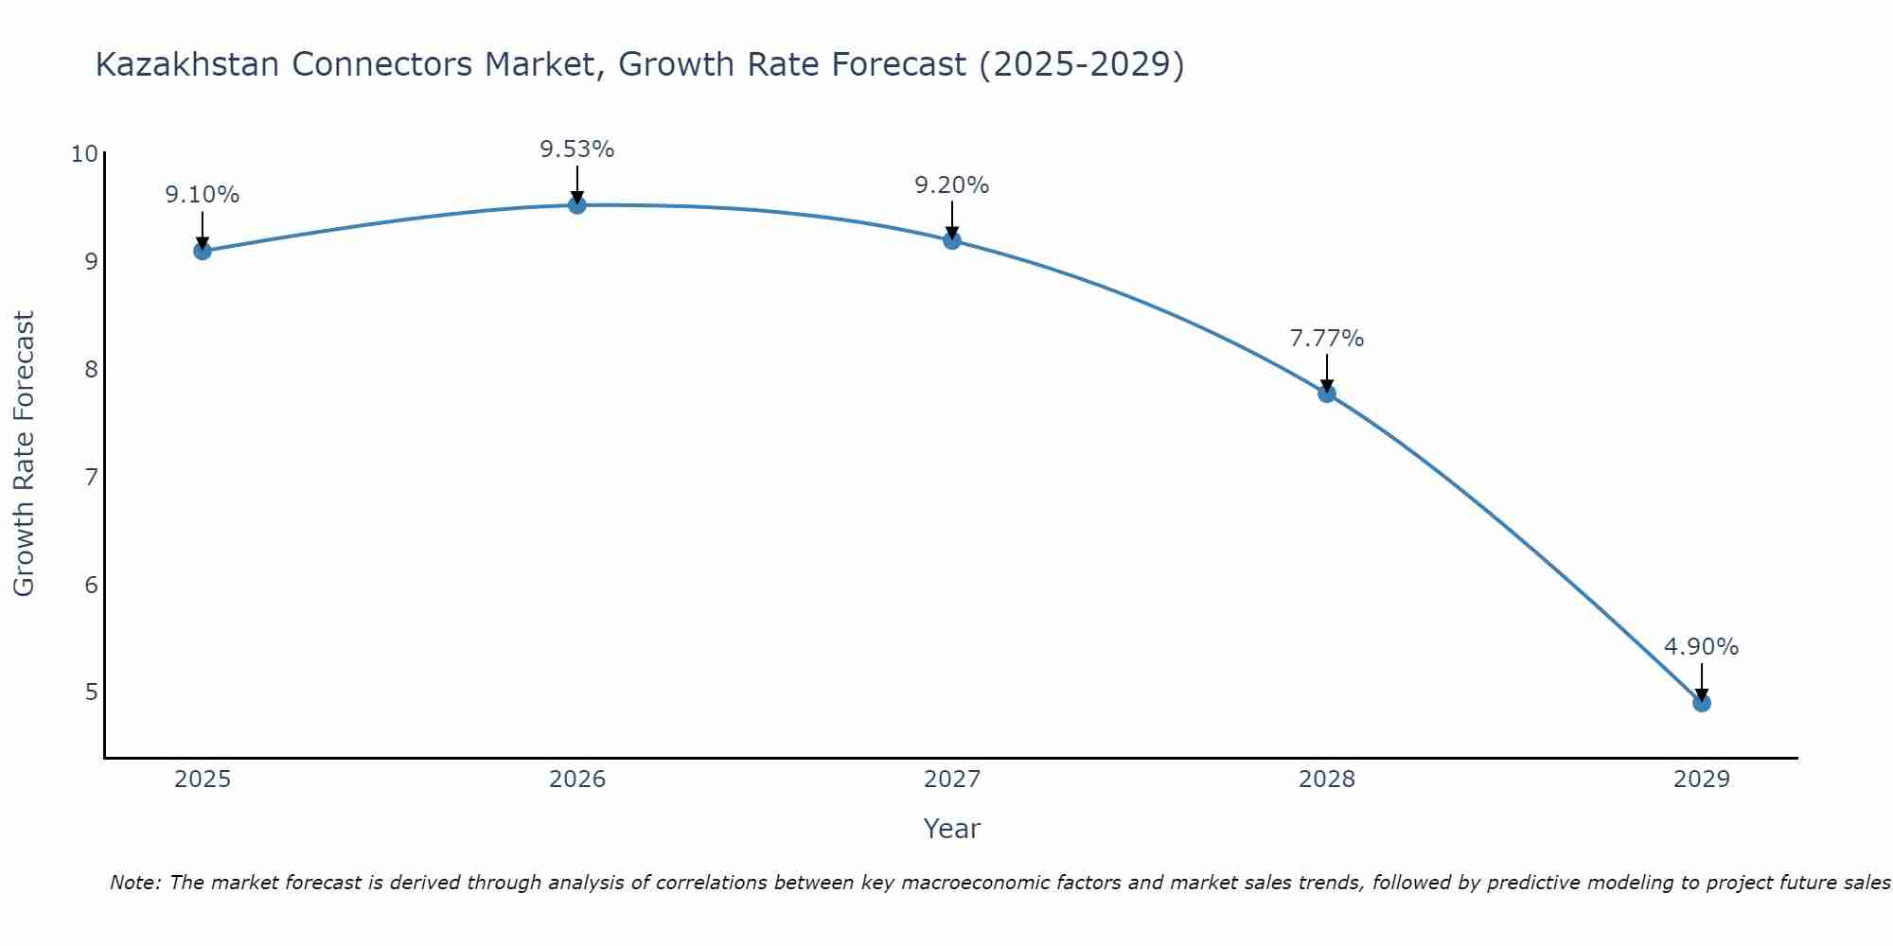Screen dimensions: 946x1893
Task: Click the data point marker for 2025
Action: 203,251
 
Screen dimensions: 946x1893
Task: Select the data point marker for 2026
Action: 577,204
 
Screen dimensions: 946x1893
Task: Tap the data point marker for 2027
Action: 952,240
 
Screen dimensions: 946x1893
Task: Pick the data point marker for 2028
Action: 1327,394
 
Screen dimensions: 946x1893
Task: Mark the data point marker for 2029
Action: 1701,703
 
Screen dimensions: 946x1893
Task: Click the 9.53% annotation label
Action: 577,149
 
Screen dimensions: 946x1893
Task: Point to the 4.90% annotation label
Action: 1701,647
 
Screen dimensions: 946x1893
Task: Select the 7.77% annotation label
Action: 1327,339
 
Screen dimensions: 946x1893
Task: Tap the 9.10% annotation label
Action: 203,195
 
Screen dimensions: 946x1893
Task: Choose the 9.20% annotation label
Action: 952,185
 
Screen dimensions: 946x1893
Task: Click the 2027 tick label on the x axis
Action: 952,780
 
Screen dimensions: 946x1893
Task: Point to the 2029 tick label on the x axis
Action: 1701,780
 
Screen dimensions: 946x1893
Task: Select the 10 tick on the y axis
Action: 84,154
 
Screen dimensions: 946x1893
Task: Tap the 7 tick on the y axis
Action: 91,477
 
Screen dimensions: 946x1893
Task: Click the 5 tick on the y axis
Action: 91,692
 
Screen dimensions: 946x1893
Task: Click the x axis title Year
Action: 951,829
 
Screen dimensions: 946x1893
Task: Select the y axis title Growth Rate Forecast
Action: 25,454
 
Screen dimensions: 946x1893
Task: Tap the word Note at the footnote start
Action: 136,883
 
